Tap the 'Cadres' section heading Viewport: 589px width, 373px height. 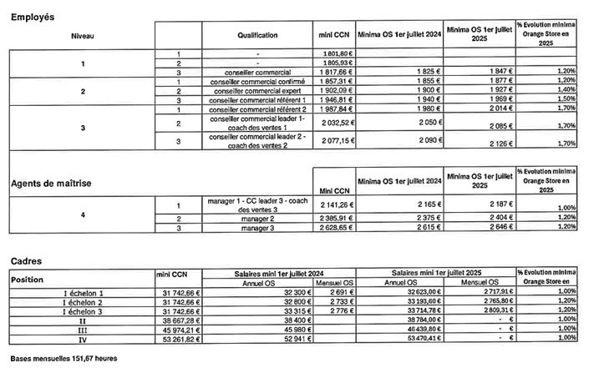(24, 260)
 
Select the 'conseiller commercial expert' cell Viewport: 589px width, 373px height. (256, 91)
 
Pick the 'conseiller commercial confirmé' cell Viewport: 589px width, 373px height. (256, 82)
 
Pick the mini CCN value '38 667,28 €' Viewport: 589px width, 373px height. (180, 320)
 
